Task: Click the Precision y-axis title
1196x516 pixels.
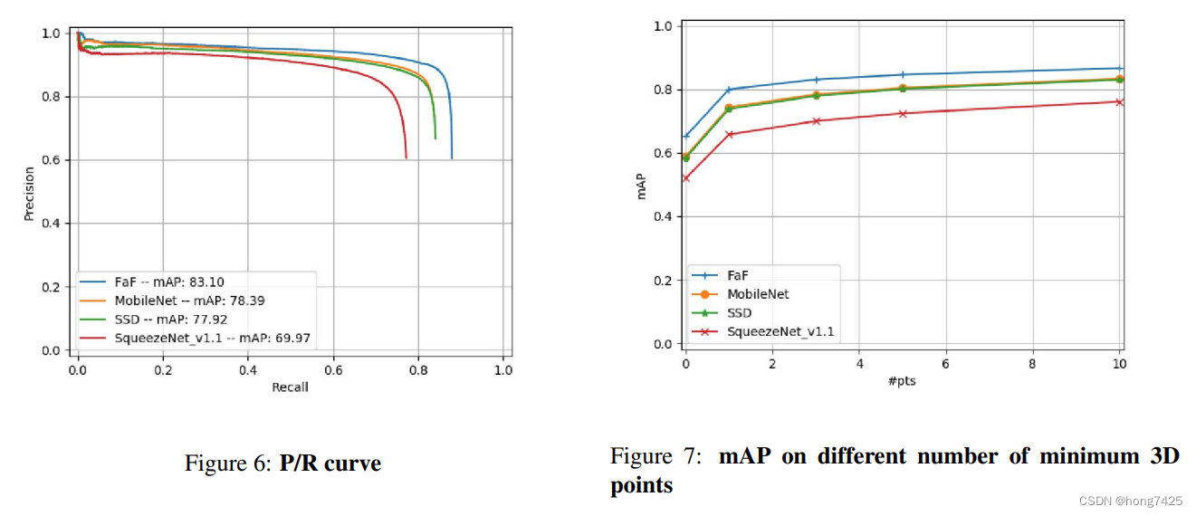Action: click(x=29, y=193)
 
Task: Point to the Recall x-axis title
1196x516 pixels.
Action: click(x=290, y=387)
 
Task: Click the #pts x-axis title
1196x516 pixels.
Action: click(x=902, y=380)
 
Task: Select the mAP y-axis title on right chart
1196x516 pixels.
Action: click(x=642, y=185)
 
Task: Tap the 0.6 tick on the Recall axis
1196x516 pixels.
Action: click(x=333, y=369)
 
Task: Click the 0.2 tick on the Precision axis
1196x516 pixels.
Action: click(x=56, y=287)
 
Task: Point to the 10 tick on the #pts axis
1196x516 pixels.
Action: click(x=1119, y=362)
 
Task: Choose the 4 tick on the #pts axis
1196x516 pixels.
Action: click(x=859, y=362)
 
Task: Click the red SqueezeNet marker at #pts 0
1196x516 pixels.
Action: click(x=685, y=178)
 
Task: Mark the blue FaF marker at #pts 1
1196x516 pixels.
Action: click(x=729, y=90)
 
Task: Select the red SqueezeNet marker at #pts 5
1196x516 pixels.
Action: click(x=903, y=114)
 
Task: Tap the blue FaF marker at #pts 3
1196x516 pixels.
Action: click(x=816, y=80)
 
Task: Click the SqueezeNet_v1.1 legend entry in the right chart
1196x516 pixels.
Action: click(x=780, y=332)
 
